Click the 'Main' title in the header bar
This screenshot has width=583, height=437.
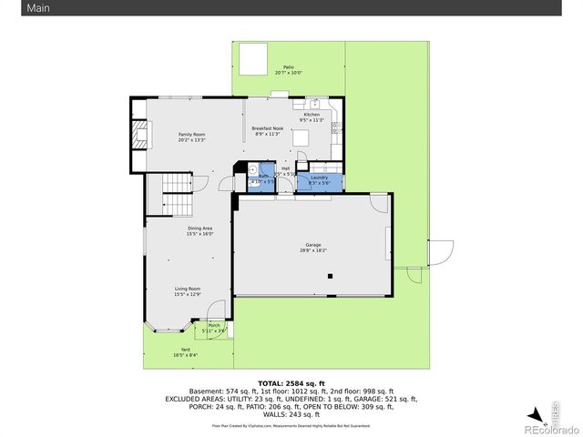pos(13,7)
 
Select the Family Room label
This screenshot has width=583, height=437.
pos(191,137)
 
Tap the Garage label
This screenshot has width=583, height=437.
pos(313,247)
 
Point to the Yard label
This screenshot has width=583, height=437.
pos(185,351)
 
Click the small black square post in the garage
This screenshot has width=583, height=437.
pos(332,276)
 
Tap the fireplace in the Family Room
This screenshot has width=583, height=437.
pos(138,137)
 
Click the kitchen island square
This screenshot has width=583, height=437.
pos(301,138)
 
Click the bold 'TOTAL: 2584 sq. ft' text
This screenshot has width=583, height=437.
pos(291,383)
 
